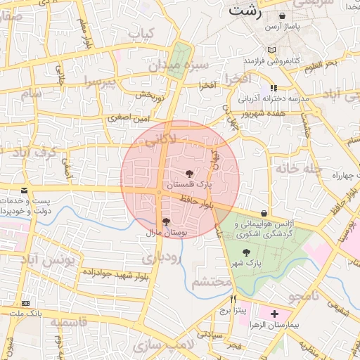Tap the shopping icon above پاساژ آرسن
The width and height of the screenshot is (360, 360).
(282, 15)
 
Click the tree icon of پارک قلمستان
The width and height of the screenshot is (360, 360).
(188, 173)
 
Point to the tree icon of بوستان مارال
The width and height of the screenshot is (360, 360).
(166, 221)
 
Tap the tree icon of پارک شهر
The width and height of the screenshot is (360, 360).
(245, 252)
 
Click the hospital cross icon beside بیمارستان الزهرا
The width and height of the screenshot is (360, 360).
(274, 313)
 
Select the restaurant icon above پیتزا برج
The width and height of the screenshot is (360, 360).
(223, 298)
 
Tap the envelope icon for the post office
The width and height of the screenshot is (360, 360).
(25, 190)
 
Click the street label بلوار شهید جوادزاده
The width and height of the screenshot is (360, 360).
(114, 271)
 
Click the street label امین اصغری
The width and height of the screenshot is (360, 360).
(129, 120)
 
